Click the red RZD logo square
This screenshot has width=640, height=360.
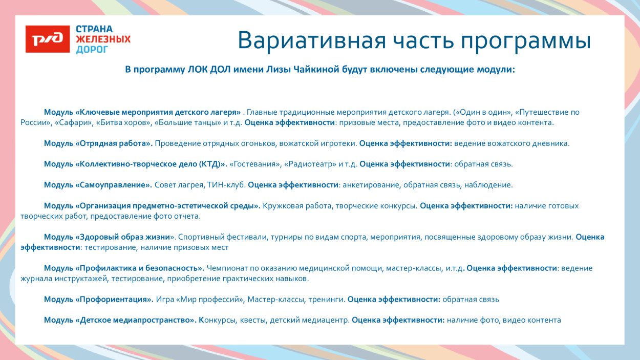(x=48, y=39)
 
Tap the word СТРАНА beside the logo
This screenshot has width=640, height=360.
(x=94, y=29)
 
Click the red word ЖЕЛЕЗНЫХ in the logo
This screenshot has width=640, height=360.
(x=103, y=39)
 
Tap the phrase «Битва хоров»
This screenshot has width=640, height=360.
(x=122, y=123)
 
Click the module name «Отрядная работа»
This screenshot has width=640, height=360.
(x=114, y=143)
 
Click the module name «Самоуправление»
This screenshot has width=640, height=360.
(x=114, y=185)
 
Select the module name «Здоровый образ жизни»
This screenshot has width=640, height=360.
(x=125, y=237)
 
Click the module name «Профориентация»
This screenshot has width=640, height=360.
(x=114, y=300)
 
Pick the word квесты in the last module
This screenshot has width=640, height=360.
(x=252, y=321)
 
